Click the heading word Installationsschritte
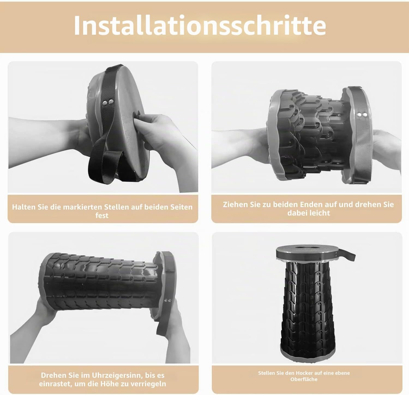coord(200,25)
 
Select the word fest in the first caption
coord(102,216)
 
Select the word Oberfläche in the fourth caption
coord(304,379)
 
